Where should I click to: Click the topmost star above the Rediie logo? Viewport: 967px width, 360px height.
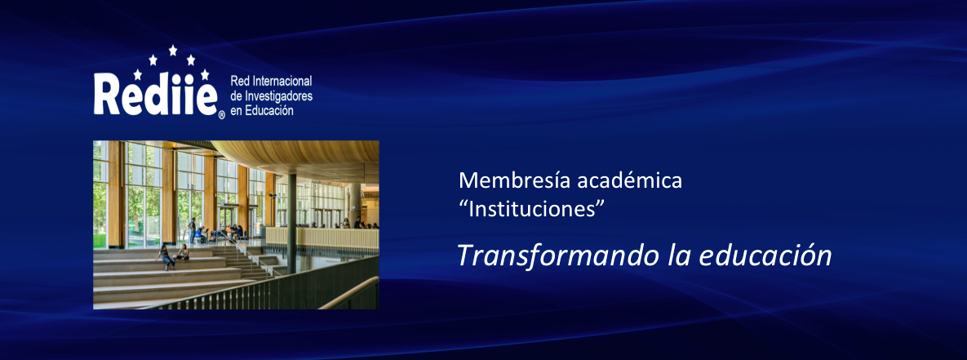[173, 50]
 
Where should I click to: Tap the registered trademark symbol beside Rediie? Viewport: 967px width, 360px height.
[221, 114]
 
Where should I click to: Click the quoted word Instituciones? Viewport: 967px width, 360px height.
[531, 209]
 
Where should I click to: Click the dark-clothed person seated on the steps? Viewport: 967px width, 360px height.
[166, 256]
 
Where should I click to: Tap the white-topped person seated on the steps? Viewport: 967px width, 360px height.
[183, 252]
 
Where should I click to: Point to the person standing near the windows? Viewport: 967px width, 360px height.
[192, 230]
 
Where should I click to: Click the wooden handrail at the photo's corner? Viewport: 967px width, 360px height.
[349, 293]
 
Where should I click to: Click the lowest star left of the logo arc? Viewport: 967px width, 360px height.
[138, 74]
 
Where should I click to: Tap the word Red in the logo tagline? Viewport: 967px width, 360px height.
[237, 82]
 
